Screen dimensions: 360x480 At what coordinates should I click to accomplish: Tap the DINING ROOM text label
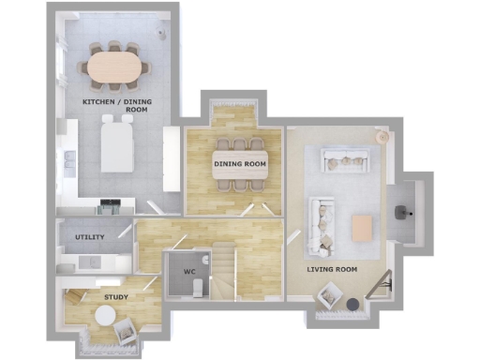(241, 164)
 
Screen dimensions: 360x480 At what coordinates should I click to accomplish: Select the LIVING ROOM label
(333, 269)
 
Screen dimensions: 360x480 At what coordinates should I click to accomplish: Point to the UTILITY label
(90, 237)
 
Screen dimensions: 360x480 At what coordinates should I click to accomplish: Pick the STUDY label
(116, 297)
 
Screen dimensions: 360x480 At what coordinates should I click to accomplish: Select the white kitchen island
(117, 146)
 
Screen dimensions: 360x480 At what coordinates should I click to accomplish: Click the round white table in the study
(101, 317)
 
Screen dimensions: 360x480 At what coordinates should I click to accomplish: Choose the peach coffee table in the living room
(362, 226)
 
